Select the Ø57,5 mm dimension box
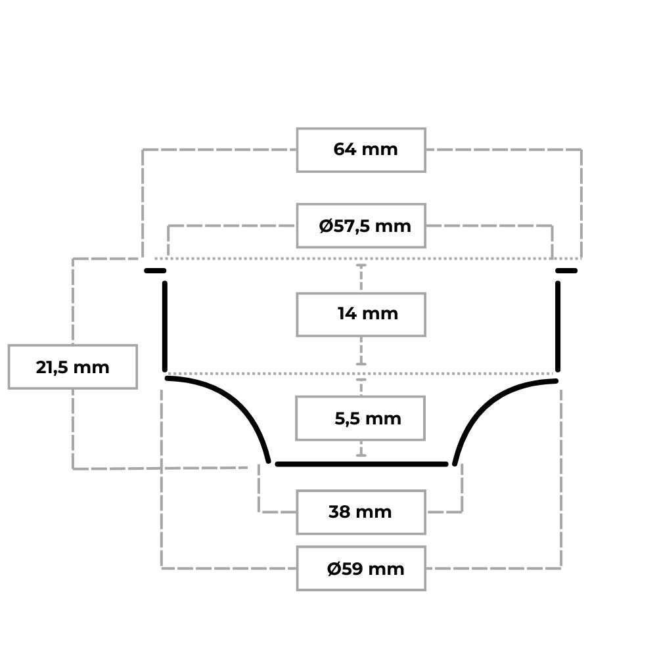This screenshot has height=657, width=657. (361, 226)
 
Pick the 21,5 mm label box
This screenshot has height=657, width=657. (73, 367)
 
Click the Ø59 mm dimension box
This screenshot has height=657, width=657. (361, 568)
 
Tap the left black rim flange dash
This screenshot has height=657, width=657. (155, 271)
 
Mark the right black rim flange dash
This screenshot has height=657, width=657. (566, 271)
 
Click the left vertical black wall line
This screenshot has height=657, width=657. (165, 327)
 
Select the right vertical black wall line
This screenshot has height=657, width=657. (558, 327)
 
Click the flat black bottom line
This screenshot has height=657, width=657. (361, 464)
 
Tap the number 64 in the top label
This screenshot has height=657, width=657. (345, 149)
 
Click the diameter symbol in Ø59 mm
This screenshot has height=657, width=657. (333, 569)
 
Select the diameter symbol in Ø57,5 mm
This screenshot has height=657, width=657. (326, 226)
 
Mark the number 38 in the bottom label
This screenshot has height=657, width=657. (340, 512)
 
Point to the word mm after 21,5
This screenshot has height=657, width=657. (91, 367)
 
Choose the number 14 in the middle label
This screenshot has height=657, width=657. (347, 313)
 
